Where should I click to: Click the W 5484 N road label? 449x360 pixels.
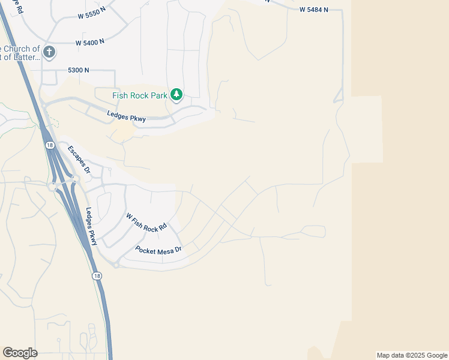click(314, 10)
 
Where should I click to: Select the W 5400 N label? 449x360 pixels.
click(90, 42)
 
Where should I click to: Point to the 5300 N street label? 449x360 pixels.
click(79, 70)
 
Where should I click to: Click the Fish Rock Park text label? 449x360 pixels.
click(139, 95)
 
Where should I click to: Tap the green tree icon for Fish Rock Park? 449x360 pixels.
click(176, 94)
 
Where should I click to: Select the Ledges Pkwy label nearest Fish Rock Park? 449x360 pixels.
click(127, 116)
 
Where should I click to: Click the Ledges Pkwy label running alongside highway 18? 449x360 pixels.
click(91, 226)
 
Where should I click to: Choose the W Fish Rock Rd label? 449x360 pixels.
click(145, 222)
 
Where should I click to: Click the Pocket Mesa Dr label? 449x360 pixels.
click(158, 250)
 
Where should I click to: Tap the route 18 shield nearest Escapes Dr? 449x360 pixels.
click(47, 145)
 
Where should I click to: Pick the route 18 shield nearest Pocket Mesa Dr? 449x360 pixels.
click(97, 275)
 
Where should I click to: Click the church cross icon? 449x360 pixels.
click(49, 52)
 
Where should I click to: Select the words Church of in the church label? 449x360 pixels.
click(23, 49)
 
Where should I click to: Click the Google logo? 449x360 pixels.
click(20, 353)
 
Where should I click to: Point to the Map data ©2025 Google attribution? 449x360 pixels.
click(412, 355)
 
